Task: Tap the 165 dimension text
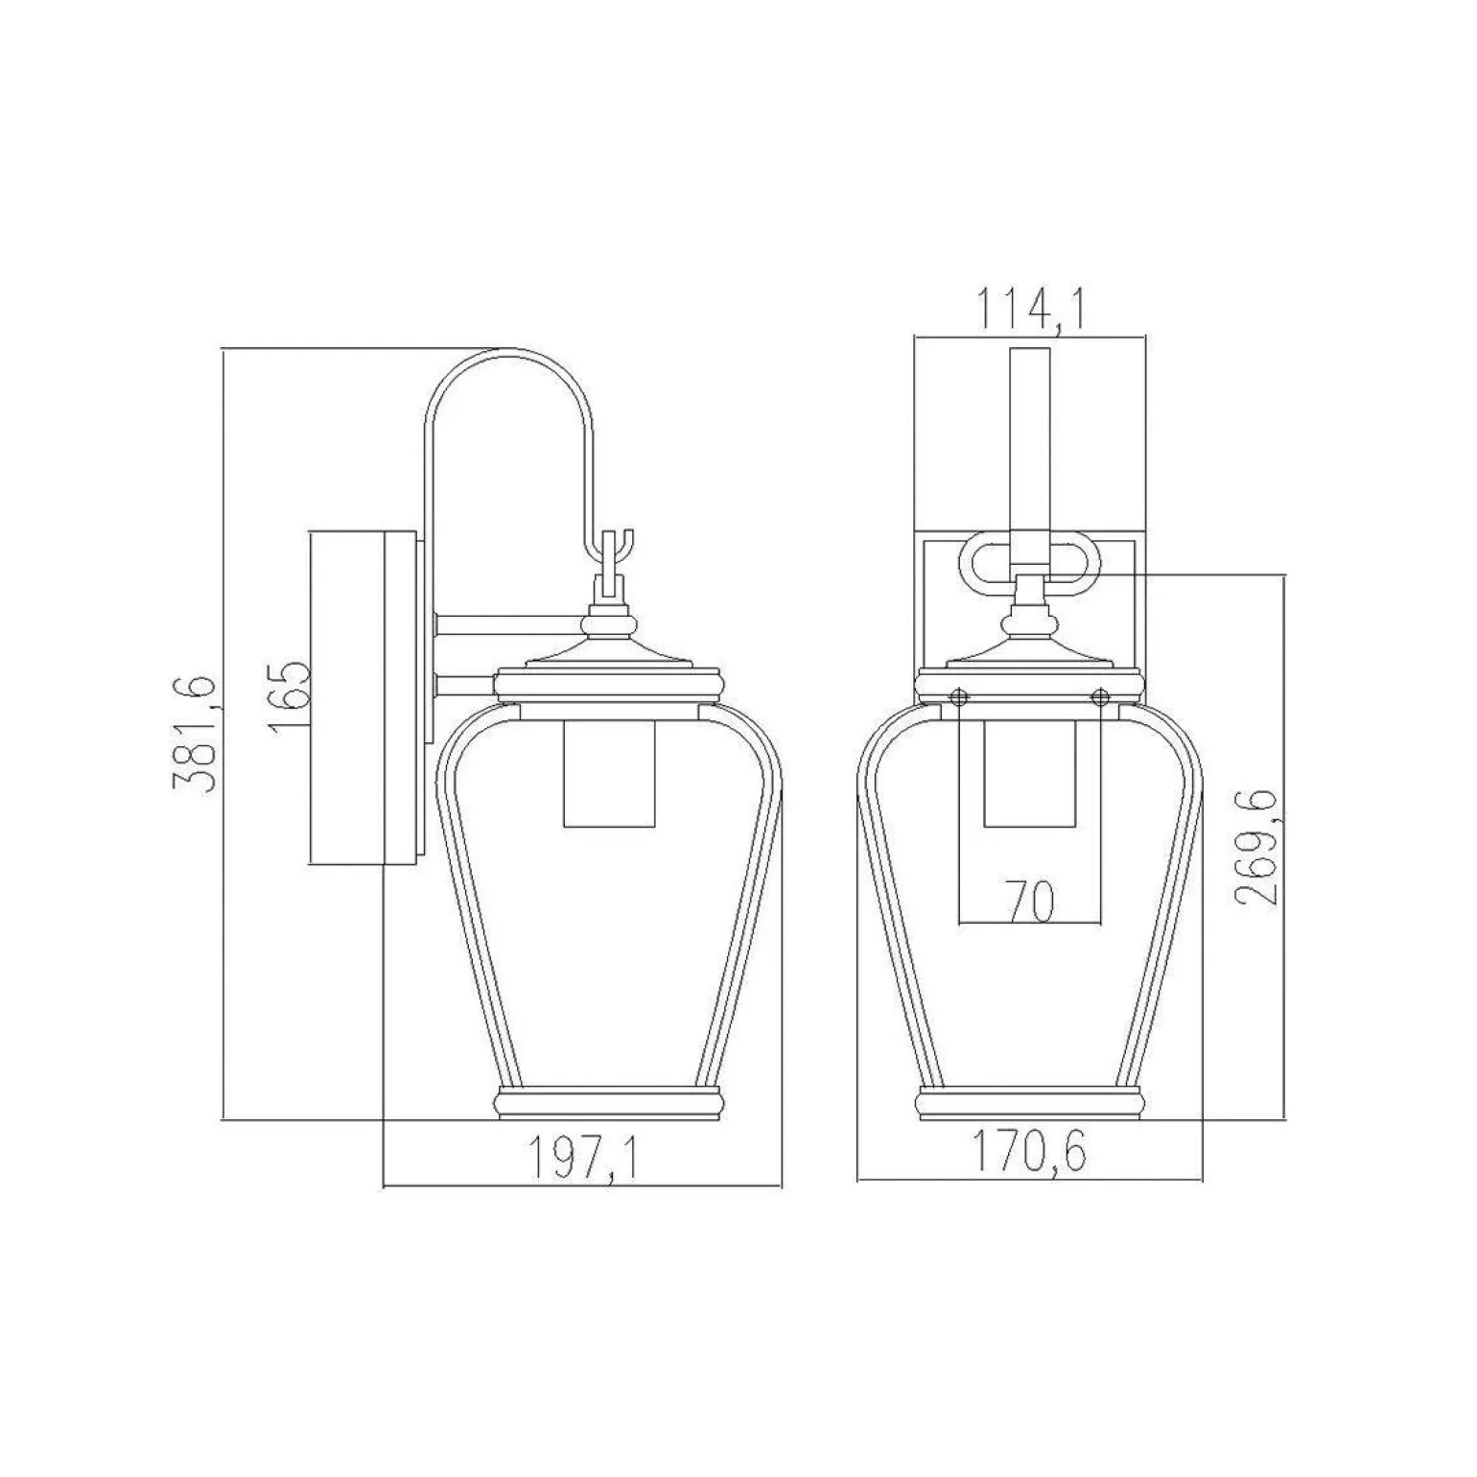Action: coord(291,697)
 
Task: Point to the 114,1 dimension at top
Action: coord(1030,309)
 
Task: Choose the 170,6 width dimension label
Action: coord(1031,1152)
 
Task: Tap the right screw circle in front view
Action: coord(1100,695)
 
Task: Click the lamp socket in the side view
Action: coord(609,772)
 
